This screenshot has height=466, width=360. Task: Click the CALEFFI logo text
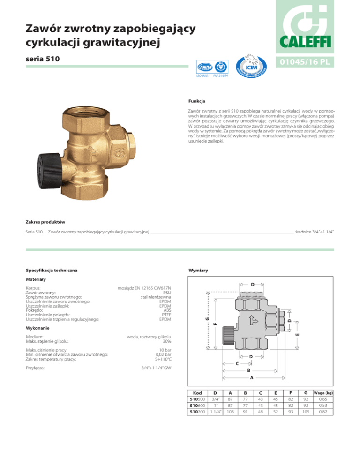tap(305, 42)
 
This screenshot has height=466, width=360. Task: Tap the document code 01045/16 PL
tap(305, 62)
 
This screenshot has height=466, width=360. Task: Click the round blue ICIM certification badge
tap(251, 66)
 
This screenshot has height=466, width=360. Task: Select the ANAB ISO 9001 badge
tap(212, 68)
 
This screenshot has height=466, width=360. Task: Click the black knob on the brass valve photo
tap(49, 171)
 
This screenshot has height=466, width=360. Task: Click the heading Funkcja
tap(197, 101)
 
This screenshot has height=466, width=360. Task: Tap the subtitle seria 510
tap(43, 59)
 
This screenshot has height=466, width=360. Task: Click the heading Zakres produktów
tap(45, 222)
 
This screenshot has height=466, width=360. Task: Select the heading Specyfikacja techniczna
tap(52, 271)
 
